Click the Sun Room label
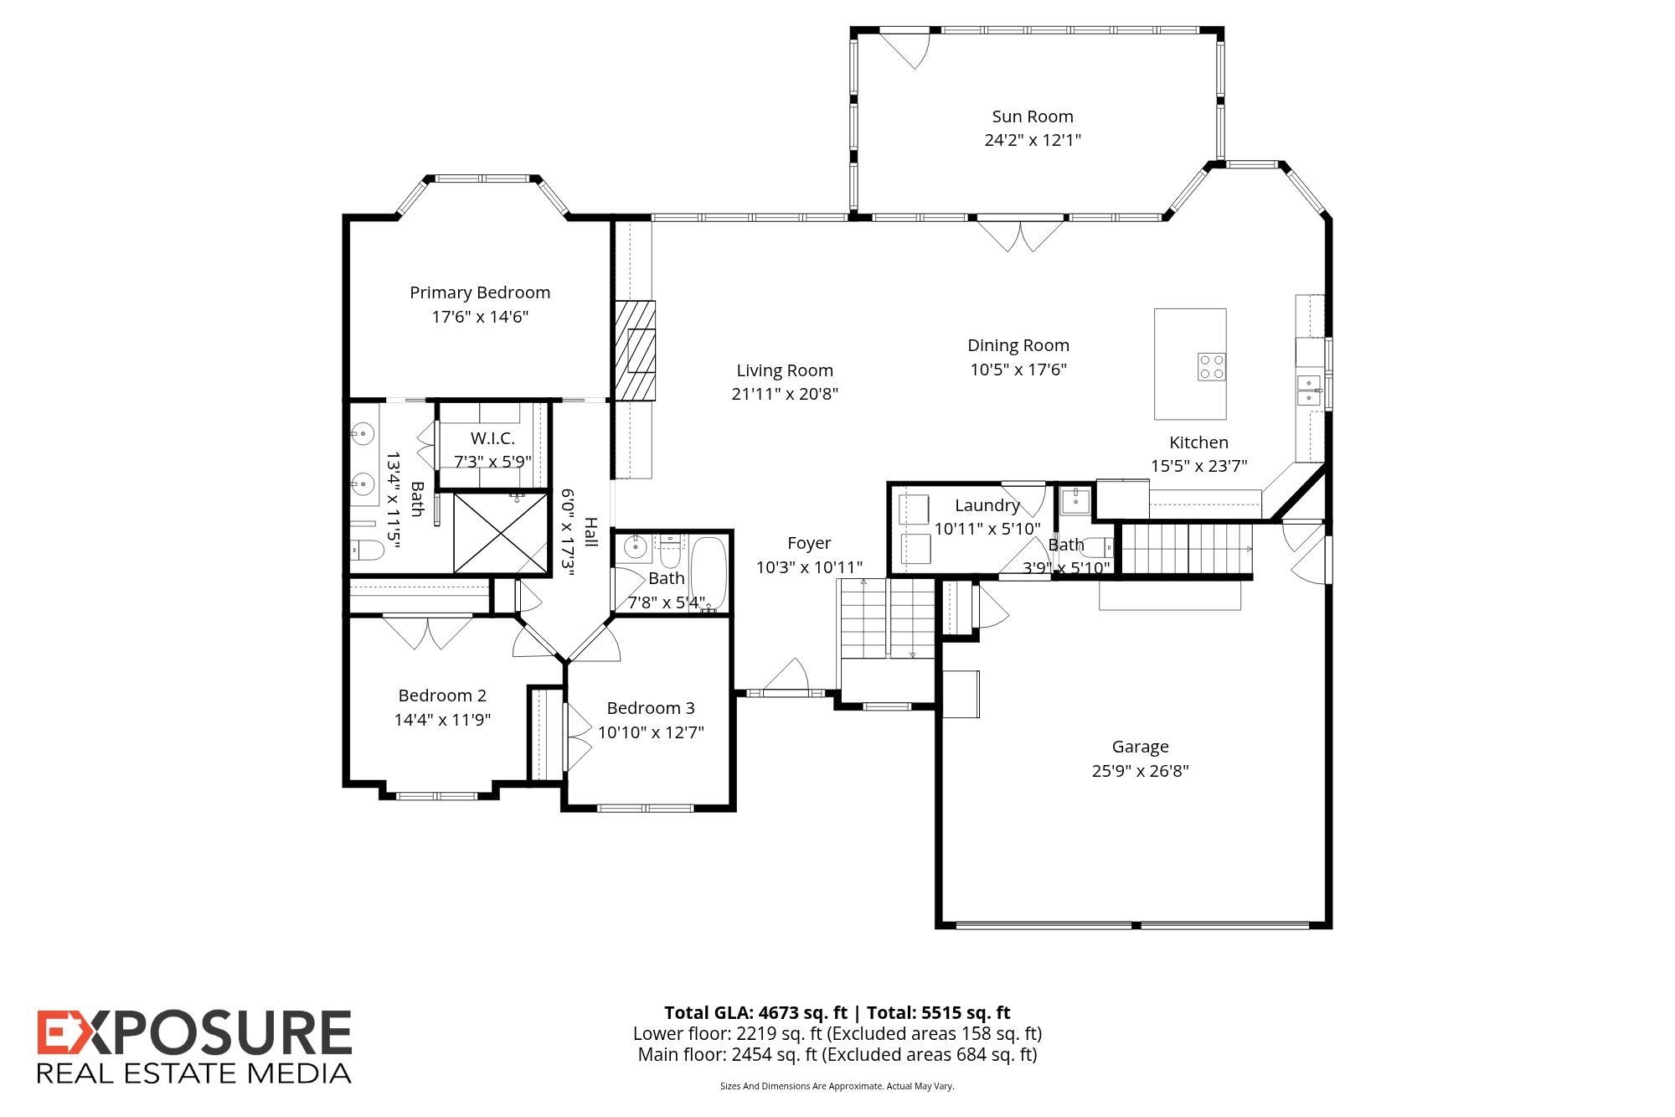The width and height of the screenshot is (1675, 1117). click(x=1032, y=116)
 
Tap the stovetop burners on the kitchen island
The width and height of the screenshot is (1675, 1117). click(x=1211, y=367)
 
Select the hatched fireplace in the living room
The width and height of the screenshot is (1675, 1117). click(x=636, y=350)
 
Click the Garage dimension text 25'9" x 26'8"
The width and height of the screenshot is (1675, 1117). click(x=1140, y=770)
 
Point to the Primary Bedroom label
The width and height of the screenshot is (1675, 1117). click(x=480, y=292)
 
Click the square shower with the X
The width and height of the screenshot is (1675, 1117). click(x=501, y=533)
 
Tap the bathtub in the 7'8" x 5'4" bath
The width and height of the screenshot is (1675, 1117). click(x=709, y=575)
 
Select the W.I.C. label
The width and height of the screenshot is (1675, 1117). click(x=492, y=438)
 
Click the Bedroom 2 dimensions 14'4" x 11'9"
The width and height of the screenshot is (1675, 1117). click(x=442, y=719)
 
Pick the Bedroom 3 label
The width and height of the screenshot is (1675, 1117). click(x=651, y=708)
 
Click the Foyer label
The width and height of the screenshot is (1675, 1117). click(x=809, y=543)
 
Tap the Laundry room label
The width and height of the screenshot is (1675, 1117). click(x=987, y=505)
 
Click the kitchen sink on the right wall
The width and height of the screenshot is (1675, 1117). click(x=1309, y=390)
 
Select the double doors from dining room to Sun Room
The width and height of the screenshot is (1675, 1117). click(x=1021, y=233)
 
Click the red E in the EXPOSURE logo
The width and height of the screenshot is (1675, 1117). click(x=59, y=1032)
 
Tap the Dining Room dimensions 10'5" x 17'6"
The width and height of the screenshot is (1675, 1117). click(x=1018, y=369)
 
